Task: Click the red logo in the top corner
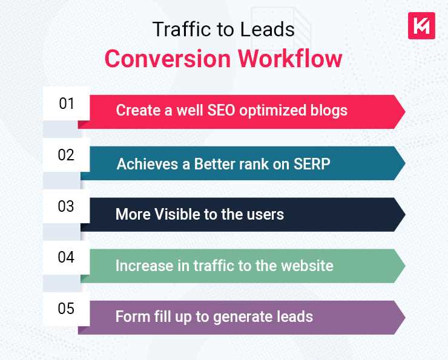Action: [421, 25]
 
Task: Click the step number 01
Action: [67, 103]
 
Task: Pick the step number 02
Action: [67, 155]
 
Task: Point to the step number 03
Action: [67, 206]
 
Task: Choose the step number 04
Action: [67, 258]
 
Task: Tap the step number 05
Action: [67, 309]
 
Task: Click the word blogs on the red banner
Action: [327, 111]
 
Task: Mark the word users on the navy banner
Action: [264, 214]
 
